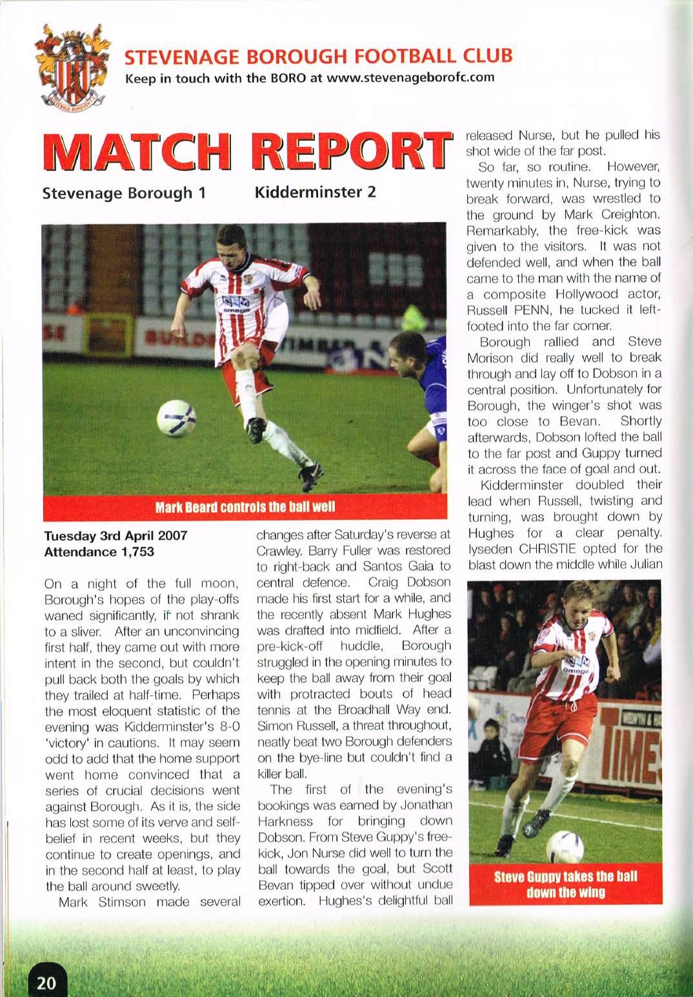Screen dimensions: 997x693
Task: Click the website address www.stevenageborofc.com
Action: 411,78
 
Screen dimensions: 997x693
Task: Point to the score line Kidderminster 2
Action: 315,192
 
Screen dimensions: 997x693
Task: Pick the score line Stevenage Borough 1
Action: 124,193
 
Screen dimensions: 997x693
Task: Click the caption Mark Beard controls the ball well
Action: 245,506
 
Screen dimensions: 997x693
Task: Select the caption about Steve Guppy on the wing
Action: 565,884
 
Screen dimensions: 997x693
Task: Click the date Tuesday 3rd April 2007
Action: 115,535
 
